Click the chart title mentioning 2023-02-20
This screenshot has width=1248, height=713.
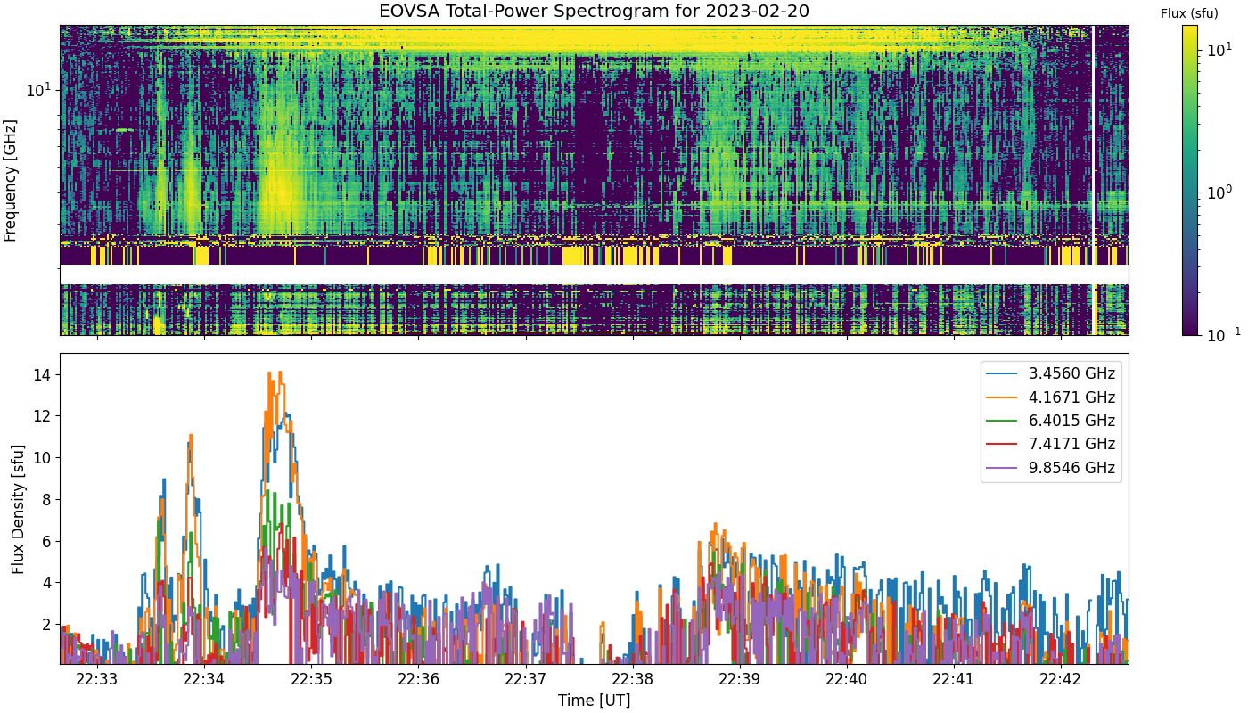[x=594, y=11]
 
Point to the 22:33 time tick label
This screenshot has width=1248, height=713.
[x=97, y=679]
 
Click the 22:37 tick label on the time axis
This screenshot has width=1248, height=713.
[x=526, y=679]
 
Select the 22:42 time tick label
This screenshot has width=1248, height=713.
[x=1062, y=679]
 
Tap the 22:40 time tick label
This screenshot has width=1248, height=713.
[x=847, y=679]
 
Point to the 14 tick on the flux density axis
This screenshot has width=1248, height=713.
[x=42, y=375]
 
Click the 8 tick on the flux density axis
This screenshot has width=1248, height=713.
[x=46, y=500]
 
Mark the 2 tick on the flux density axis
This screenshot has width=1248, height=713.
[x=46, y=625]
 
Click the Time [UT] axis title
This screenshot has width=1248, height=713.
[x=594, y=701]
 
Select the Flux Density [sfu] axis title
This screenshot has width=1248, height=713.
[x=19, y=509]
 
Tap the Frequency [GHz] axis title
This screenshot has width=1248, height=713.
[x=10, y=180]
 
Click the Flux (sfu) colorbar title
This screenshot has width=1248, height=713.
[x=1189, y=14]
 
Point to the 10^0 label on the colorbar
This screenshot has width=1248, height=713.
[x=1219, y=193]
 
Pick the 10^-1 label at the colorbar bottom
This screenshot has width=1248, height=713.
[x=1223, y=334]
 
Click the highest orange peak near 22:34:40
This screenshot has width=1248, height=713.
[x=280, y=373]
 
